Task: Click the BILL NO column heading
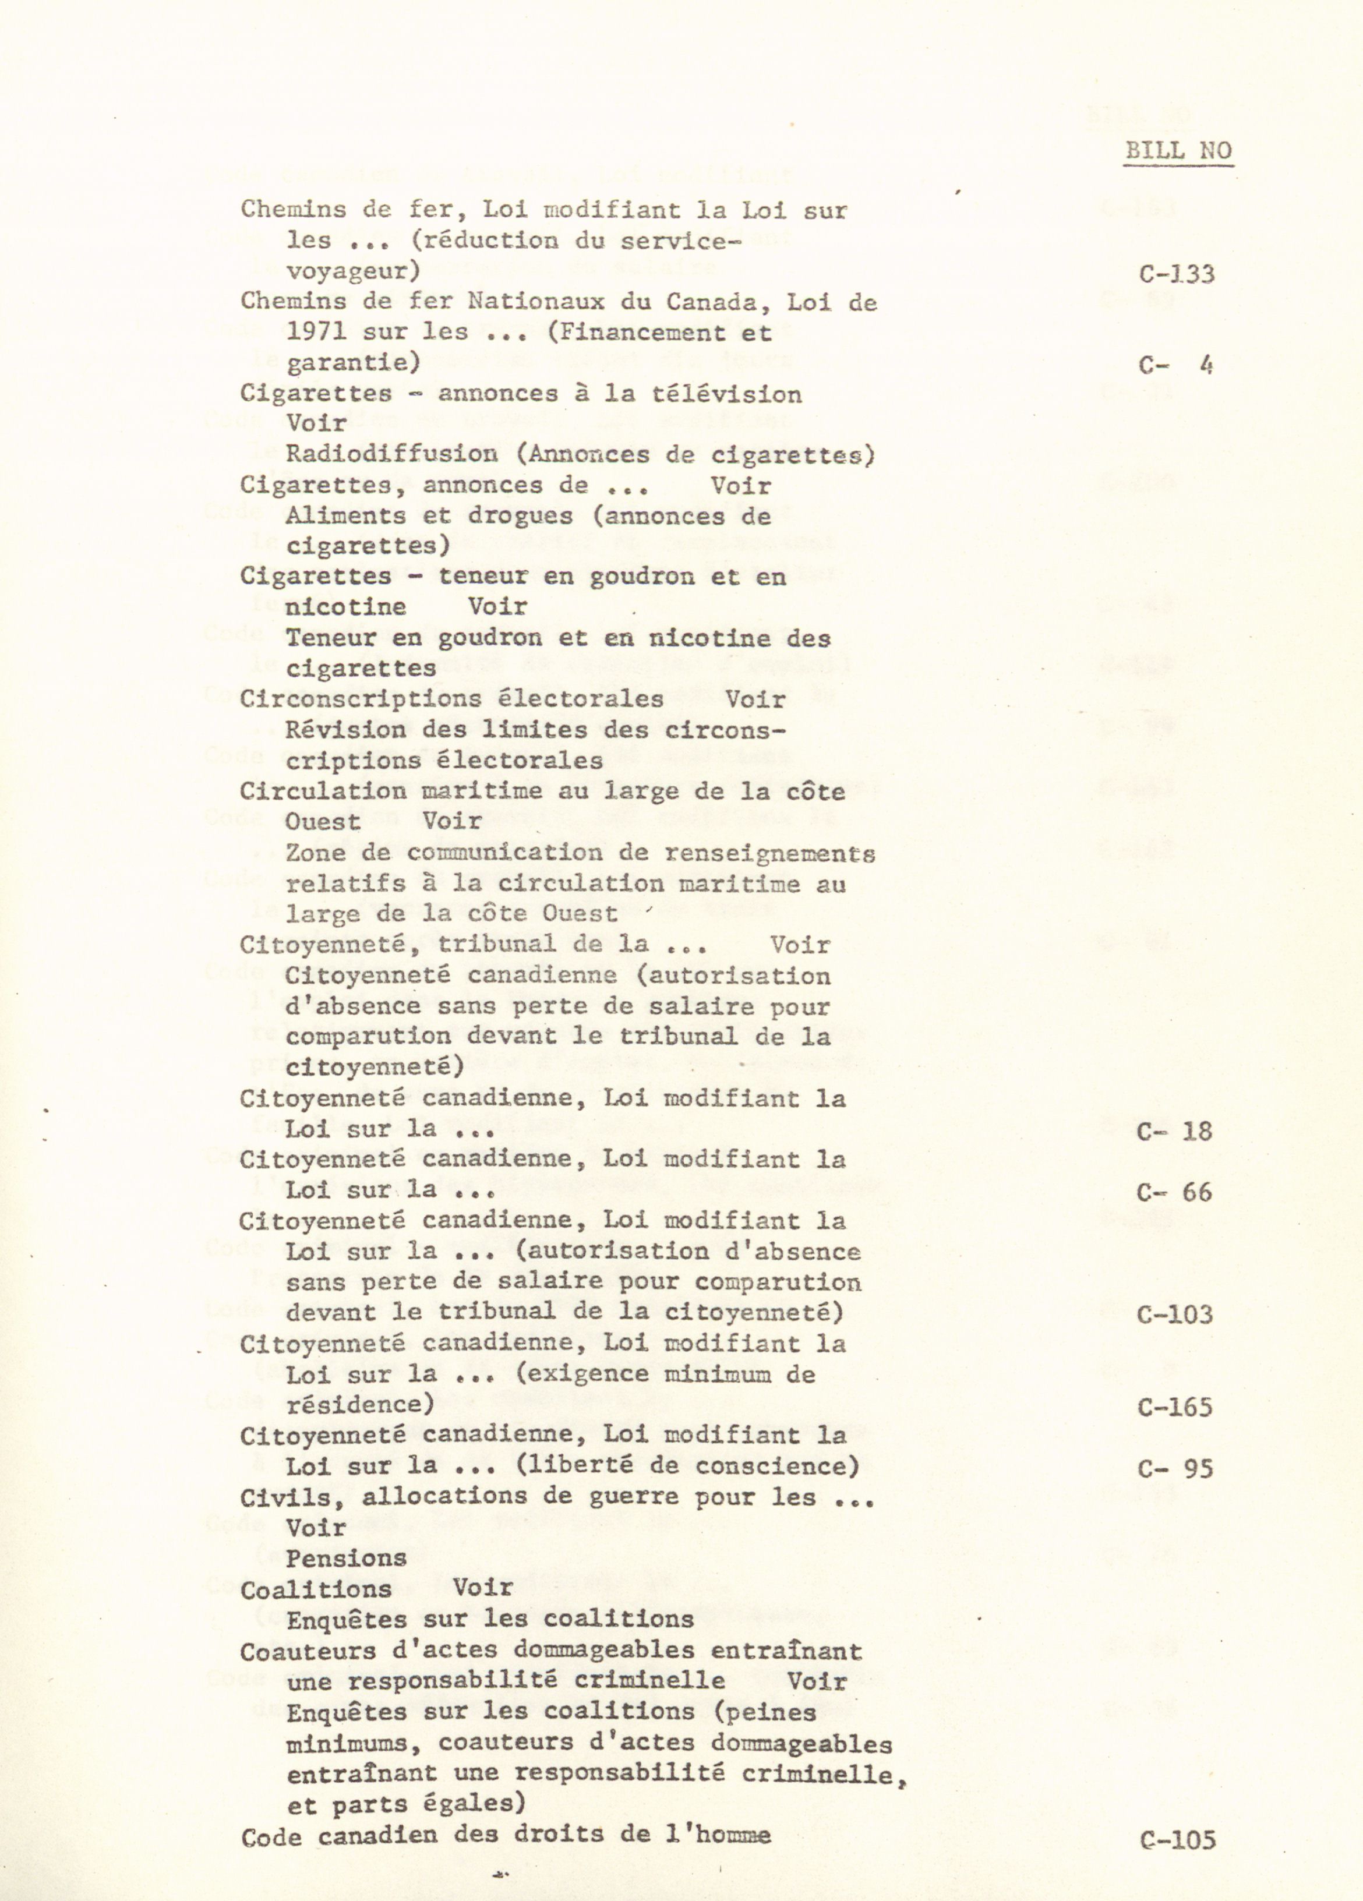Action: click(1178, 151)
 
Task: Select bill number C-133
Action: click(1176, 274)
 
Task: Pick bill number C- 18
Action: click(1174, 1132)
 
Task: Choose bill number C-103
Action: click(1174, 1315)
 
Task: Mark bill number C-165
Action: click(1174, 1407)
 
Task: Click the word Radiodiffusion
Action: click(391, 454)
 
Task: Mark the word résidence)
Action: click(361, 1405)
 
